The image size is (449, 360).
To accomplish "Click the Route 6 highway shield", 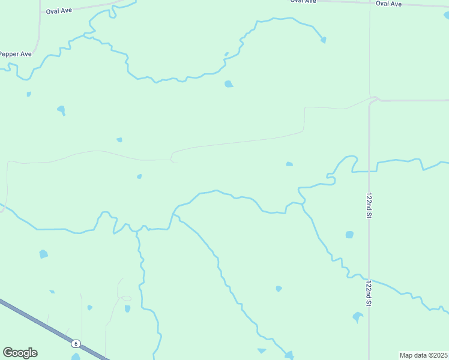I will (76, 344).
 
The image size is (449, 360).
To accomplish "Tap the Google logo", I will (20, 353).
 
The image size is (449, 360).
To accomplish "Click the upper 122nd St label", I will (369, 206).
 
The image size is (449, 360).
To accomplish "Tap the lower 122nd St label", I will (369, 293).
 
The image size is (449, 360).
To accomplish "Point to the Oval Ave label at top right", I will (388, 4).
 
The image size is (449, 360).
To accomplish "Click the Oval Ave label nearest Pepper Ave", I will (58, 11).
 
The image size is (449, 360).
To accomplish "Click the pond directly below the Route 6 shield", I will (76, 357).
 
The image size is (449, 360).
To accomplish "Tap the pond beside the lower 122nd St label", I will (358, 316).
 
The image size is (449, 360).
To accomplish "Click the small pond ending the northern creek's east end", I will (324, 40).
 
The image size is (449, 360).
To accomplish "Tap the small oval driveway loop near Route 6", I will (125, 298).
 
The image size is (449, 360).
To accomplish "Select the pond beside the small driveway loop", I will (127, 308).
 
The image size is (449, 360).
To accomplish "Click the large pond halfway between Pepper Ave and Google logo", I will (43, 254).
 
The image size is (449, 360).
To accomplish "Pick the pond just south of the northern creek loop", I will (229, 84).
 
